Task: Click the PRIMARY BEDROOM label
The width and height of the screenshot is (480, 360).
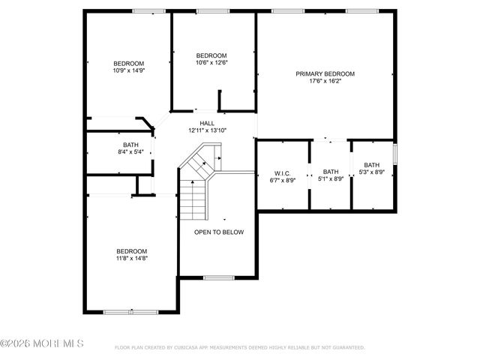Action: pos(325,73)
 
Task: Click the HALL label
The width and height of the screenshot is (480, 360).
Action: pos(207,123)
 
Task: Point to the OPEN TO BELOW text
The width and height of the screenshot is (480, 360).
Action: pos(219,232)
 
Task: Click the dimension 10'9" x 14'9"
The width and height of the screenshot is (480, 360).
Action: pos(129,71)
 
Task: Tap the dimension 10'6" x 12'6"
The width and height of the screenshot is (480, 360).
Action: pos(211,63)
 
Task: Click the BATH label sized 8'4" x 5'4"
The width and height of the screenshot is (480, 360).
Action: pos(131,145)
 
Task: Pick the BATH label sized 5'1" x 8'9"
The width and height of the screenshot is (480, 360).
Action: pos(331,172)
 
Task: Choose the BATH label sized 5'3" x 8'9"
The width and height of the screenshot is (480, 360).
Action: pos(372,165)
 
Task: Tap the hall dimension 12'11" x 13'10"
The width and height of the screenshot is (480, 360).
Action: pos(207,130)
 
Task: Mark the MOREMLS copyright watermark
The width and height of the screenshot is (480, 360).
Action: pos(43,343)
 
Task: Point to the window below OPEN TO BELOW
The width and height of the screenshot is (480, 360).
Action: pos(219,277)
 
